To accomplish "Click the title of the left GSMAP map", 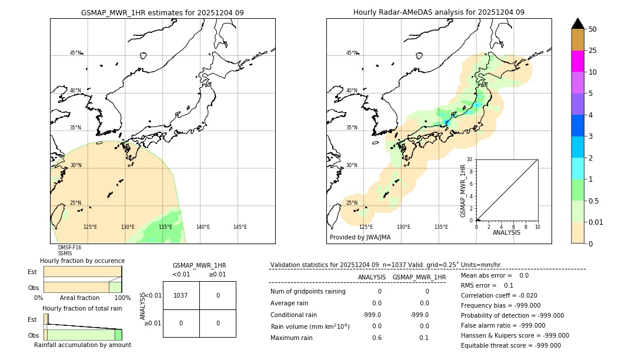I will click(x=162, y=12).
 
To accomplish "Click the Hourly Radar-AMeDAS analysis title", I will click(x=439, y=12).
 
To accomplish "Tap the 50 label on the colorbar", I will click(x=593, y=29).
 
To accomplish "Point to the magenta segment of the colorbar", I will click(x=577, y=61).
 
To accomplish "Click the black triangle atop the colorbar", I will click(x=577, y=24).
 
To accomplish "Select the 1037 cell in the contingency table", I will click(x=181, y=295).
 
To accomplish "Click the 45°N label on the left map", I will click(x=75, y=53).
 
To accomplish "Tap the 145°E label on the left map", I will click(x=240, y=227).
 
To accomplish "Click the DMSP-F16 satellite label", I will click(x=69, y=248).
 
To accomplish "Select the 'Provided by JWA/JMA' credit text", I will click(x=360, y=238).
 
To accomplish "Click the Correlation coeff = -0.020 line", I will click(x=499, y=295).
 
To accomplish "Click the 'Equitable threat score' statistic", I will click(x=510, y=345).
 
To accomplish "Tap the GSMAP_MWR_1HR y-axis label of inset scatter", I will click(x=463, y=191).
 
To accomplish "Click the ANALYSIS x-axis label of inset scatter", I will click(x=506, y=232).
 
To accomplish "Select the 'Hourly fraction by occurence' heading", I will click(x=82, y=261).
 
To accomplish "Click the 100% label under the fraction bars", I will click(x=122, y=298).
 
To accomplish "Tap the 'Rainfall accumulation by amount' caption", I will click(x=82, y=345).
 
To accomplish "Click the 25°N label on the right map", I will click(x=352, y=203).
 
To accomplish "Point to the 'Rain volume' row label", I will click(x=310, y=326).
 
